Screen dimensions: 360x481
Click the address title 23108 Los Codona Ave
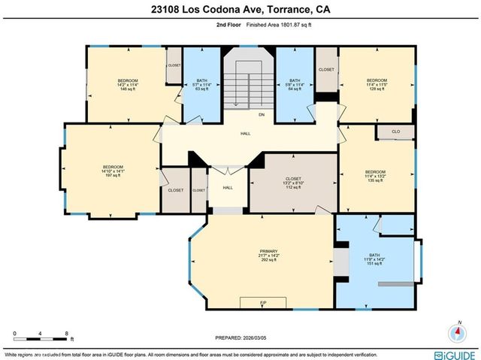[240, 10]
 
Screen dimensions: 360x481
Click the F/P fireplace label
[262, 302]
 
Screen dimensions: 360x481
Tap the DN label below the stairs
[262, 115]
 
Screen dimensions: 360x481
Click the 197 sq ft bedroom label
[113, 171]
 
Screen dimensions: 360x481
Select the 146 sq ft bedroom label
[126, 85]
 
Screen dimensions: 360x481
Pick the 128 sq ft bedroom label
[377, 85]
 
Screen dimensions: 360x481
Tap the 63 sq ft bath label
[201, 85]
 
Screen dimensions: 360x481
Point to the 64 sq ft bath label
[294, 85]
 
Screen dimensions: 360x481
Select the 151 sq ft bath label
[374, 259]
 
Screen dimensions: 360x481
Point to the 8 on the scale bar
[67, 332]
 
